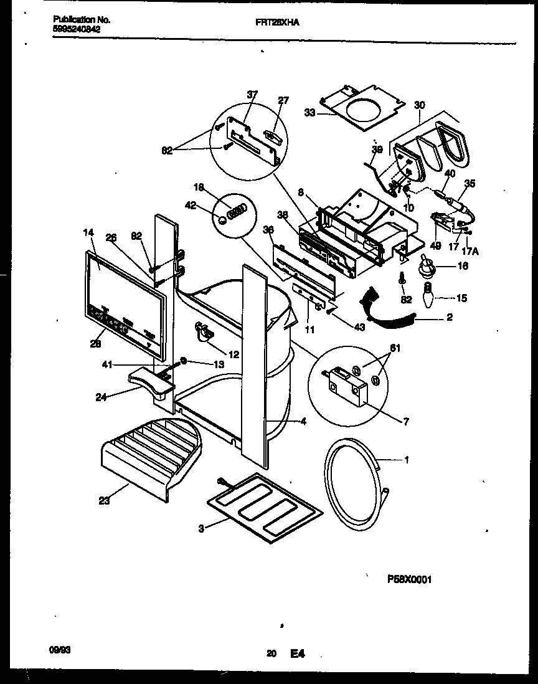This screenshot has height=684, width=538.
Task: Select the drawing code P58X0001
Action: point(409,579)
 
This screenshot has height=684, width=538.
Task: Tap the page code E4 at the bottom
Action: point(297,654)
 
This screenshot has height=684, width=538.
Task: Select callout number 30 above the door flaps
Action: point(418,105)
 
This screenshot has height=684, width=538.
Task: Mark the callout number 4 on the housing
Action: point(303,422)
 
